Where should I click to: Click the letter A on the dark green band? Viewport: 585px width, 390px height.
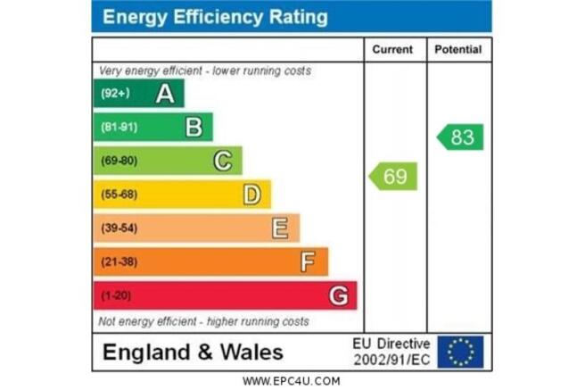tap(165, 94)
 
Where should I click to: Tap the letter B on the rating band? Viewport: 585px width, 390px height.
tap(194, 127)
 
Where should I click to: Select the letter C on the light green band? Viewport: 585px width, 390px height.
tap(223, 161)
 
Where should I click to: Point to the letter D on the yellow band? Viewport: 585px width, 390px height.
tap(251, 195)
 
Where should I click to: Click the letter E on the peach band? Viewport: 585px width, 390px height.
tap(280, 228)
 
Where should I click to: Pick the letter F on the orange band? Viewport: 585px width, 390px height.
tap(308, 261)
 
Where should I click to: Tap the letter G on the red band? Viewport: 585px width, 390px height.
tap(339, 295)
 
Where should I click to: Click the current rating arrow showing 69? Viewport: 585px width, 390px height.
tap(393, 176)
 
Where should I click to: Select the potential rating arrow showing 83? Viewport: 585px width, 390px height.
tap(460, 137)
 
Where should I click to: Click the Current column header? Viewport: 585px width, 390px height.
tap(392, 49)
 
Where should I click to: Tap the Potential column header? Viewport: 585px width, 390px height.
tap(458, 49)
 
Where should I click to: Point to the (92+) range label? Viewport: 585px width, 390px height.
tap(115, 93)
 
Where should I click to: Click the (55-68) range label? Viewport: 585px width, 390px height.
tap(119, 195)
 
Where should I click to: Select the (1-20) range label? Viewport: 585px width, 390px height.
tap(116, 296)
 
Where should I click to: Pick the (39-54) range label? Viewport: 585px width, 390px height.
tap(119, 228)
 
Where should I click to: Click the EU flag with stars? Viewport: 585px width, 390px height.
tap(460, 352)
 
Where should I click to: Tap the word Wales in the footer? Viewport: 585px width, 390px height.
tap(251, 353)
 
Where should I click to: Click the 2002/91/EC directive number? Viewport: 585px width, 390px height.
tap(391, 361)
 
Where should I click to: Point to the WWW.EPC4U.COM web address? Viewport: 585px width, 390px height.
tap(292, 381)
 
